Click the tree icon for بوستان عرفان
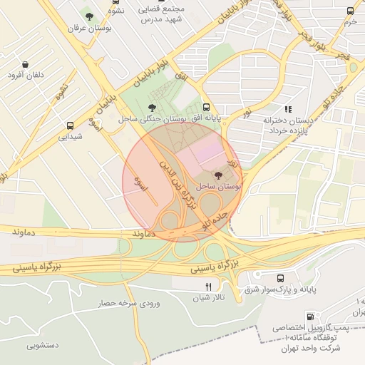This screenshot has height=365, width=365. point(89,16)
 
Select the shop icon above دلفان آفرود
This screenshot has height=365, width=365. point(26,63)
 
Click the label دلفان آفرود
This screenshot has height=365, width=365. point(25,75)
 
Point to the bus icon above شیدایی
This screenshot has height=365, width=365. point(69,123)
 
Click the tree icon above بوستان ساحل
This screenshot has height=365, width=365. point(218,175)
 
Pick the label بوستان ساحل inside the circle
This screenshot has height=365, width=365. point(219,186)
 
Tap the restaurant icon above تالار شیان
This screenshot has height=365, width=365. point(208,287)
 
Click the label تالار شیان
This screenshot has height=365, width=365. point(209,298)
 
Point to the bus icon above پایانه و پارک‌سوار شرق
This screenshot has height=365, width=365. point(280,277)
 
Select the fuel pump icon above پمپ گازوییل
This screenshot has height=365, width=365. point(309,317)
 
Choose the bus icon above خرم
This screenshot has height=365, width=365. point(350,11)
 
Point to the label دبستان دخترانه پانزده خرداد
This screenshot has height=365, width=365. point(289,125)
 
